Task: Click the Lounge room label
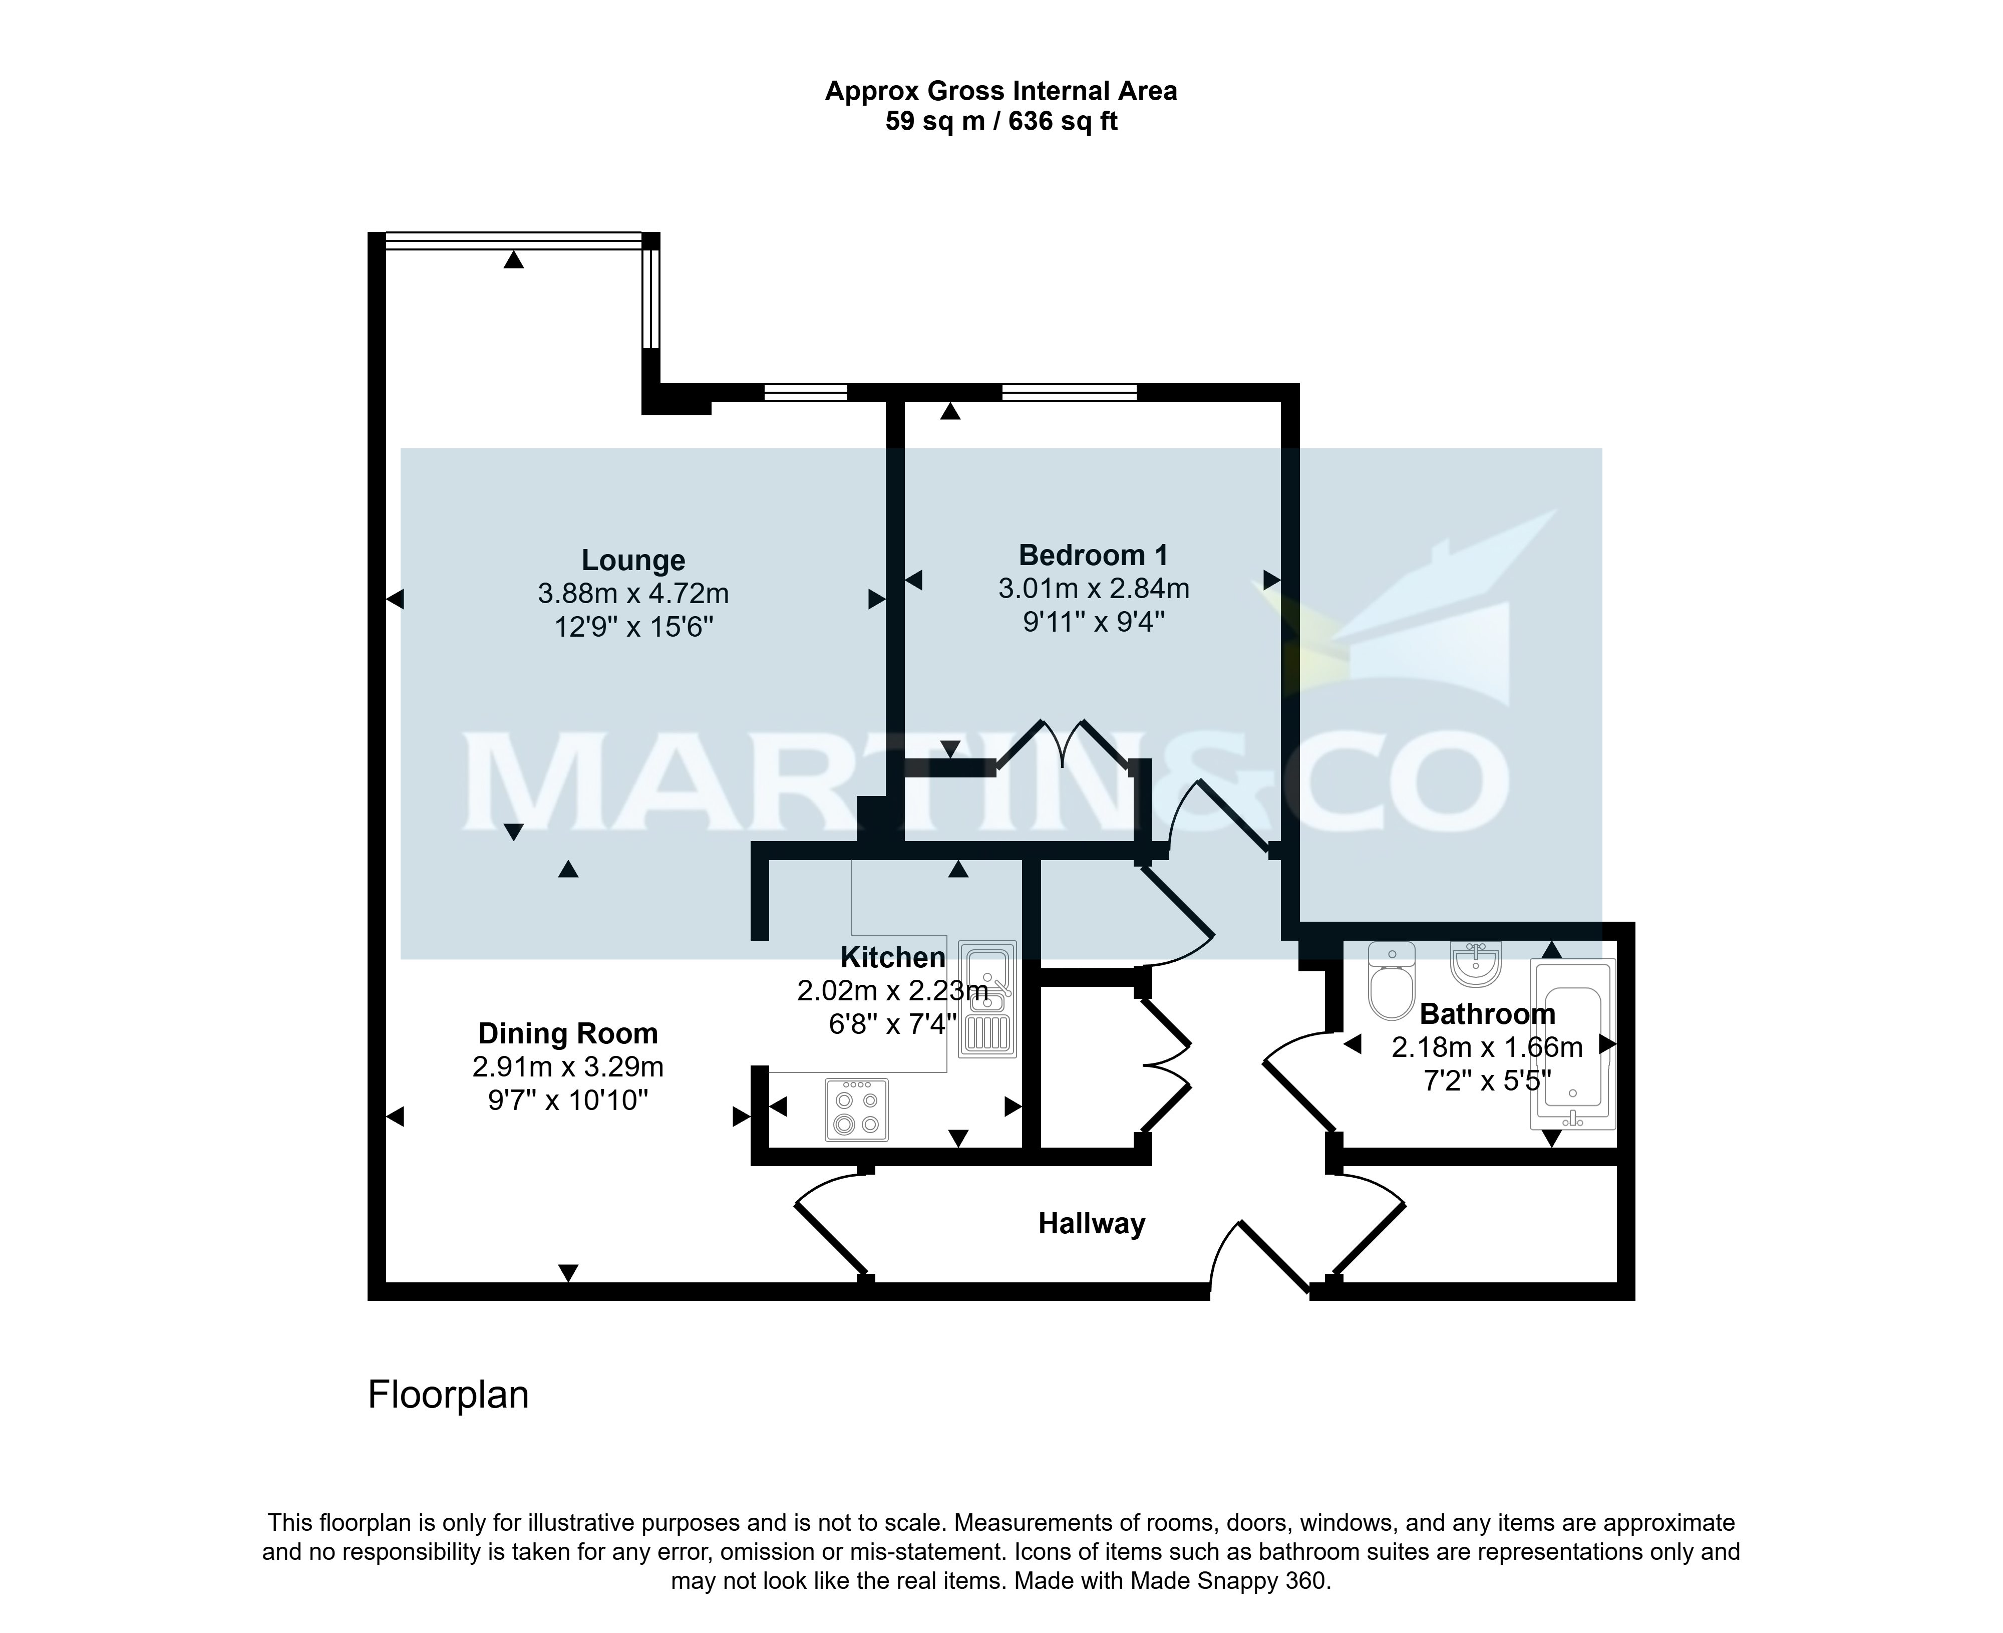tap(633, 561)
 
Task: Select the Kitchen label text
tap(892, 958)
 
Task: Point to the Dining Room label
tap(568, 1034)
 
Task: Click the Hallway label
tap(1092, 1224)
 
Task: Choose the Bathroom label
tap(1487, 1014)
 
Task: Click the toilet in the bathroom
tap(1392, 981)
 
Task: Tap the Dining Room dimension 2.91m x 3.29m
tap(568, 1067)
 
